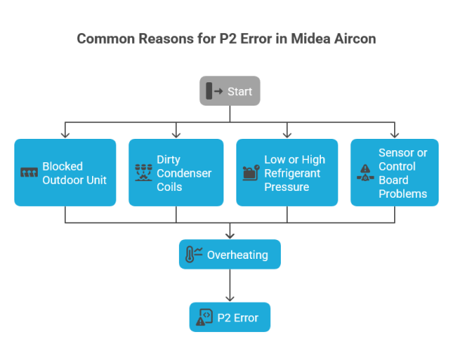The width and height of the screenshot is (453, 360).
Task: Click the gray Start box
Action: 230,91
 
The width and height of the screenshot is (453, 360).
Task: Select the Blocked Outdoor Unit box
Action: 65,172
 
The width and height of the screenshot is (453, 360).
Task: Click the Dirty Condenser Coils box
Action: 176,172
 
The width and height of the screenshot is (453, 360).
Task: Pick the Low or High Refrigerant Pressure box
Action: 287,172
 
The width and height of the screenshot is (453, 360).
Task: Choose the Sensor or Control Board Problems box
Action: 394,172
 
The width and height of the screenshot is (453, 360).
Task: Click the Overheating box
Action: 230,254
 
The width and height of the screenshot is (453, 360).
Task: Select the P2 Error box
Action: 230,318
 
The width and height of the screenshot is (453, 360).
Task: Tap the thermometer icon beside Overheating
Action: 193,254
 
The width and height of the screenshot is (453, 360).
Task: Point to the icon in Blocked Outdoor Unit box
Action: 29,173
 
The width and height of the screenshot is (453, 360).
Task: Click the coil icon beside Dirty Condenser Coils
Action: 143,173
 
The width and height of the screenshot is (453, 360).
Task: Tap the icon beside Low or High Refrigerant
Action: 250,173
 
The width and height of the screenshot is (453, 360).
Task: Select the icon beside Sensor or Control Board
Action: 365,174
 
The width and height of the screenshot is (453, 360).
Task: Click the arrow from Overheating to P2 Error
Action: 230,285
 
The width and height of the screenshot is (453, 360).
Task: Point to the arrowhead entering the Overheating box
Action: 230,235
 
